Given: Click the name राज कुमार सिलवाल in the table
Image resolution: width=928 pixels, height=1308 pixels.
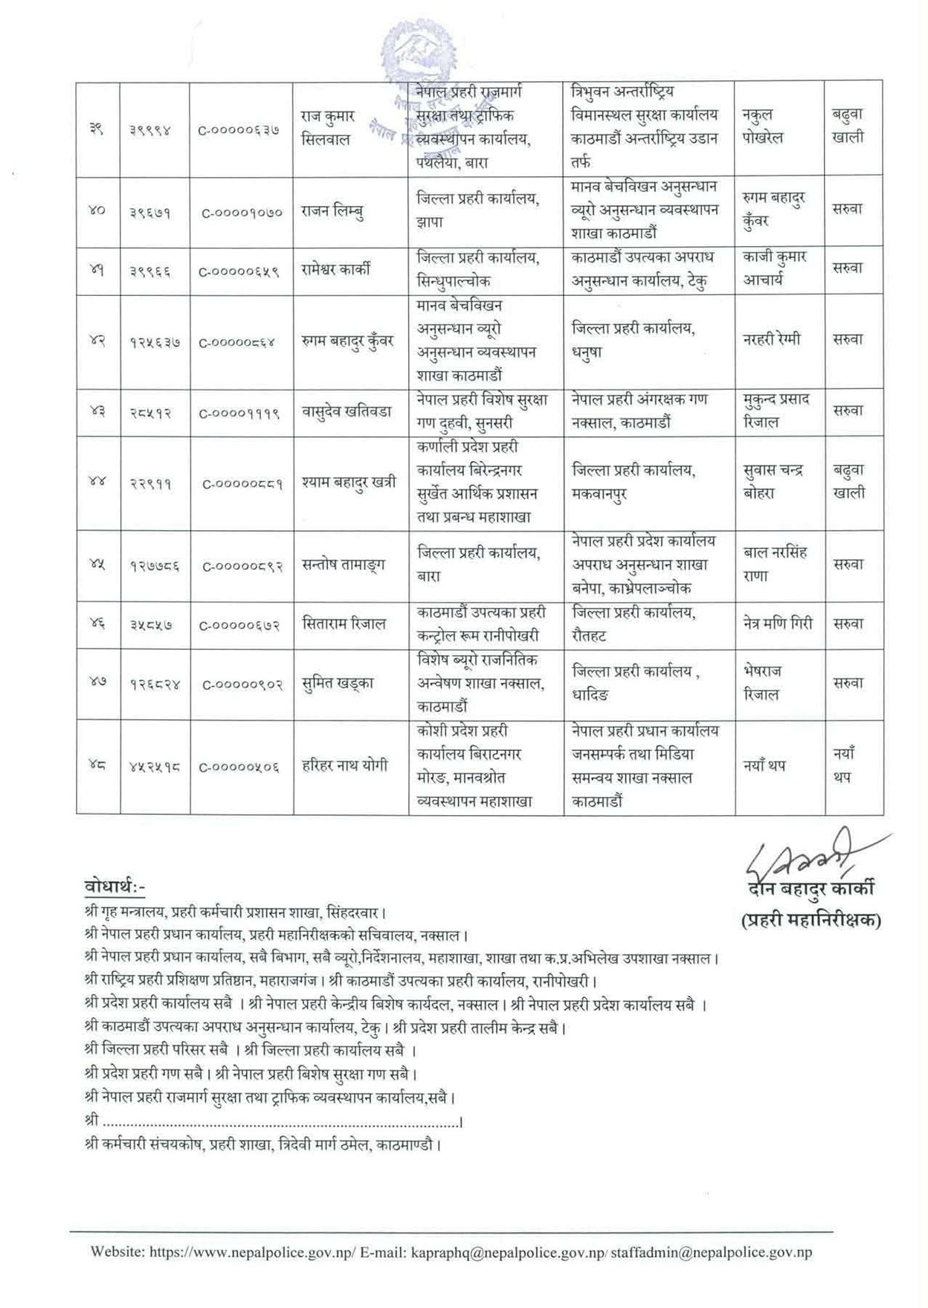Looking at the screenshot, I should tap(328, 128).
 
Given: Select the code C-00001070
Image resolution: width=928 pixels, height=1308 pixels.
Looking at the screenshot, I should tap(242, 212).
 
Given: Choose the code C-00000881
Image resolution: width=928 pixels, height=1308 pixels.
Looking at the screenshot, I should tap(242, 483).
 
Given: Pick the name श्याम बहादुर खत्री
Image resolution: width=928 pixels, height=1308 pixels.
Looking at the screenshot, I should tap(349, 482).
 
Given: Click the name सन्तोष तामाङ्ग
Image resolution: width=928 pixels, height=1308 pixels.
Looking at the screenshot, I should tap(344, 565).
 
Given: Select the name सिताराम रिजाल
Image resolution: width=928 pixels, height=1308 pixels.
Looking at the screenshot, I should tap(344, 624).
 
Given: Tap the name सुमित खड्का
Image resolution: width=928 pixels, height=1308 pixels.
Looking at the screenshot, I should tap(338, 683).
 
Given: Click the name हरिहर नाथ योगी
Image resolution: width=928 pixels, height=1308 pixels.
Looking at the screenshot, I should tap(344, 765).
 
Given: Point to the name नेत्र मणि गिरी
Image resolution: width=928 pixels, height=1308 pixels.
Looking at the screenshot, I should tap(778, 624).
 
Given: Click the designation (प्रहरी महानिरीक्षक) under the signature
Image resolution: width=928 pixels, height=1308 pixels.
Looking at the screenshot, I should tap(811, 921).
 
